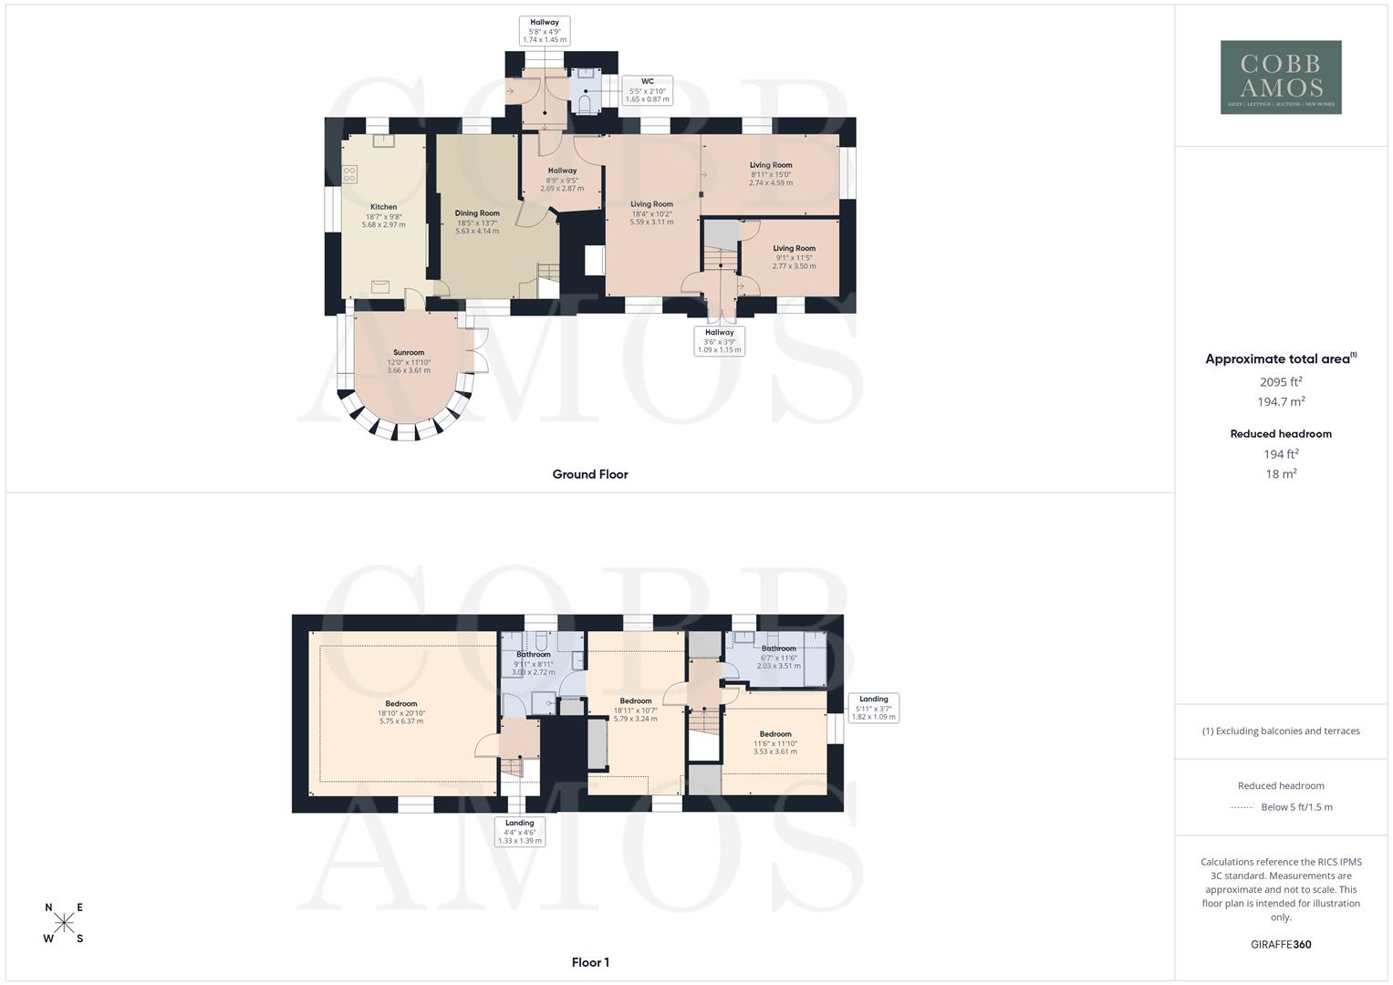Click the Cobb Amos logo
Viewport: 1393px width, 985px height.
pos(1281,77)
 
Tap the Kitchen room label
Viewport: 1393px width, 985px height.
pos(383,215)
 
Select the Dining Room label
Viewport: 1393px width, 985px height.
pos(477,222)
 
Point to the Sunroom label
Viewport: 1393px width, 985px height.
pos(409,361)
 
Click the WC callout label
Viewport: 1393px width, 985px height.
pos(647,89)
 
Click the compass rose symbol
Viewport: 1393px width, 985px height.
pos(64,923)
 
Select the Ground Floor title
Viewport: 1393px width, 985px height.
pos(589,474)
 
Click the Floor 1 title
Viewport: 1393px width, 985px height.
pos(589,962)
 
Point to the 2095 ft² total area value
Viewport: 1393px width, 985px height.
pos(1281,382)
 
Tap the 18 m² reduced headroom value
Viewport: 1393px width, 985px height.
pos(1281,474)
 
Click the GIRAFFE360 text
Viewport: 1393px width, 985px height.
pos(1281,945)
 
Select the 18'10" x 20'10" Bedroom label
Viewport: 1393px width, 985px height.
pos(401,712)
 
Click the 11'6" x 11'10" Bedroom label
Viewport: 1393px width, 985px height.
pos(775,742)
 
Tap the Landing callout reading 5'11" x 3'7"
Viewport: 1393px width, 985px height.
pos(873,708)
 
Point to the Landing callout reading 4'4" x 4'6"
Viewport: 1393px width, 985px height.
pos(519,832)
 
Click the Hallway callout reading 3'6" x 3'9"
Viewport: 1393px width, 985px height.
pos(719,341)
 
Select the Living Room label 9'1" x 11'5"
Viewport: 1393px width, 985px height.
pos(794,257)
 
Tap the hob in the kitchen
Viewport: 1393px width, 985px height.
pos(349,173)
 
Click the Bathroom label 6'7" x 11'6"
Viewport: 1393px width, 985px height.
pos(779,657)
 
